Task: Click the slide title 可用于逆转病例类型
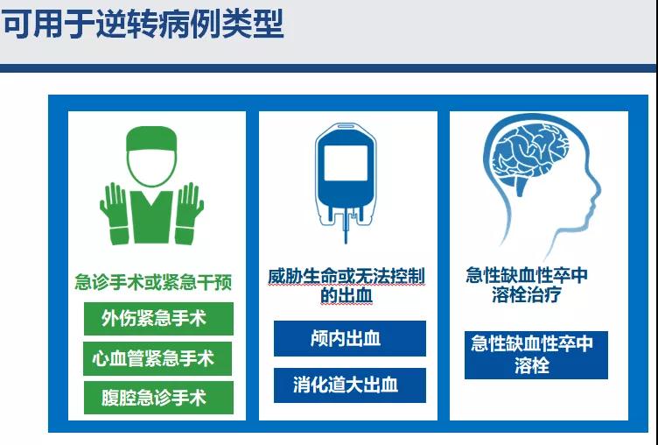pyautogui.click(x=143, y=24)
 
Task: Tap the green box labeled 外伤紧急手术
pyautogui.click(x=158, y=319)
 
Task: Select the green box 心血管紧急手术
pyautogui.click(x=157, y=358)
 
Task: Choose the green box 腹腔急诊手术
pyautogui.click(x=158, y=398)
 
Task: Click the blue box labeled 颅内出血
pyautogui.click(x=350, y=338)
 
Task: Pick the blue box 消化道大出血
pyautogui.click(x=350, y=385)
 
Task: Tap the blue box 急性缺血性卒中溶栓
pyautogui.click(x=535, y=355)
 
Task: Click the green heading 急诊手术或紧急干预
pyautogui.click(x=153, y=282)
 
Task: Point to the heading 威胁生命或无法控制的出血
pyautogui.click(x=346, y=286)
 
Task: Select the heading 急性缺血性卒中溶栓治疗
pyautogui.click(x=527, y=285)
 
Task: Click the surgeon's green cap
pyautogui.click(x=151, y=139)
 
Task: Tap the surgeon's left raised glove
pyautogui.click(x=114, y=214)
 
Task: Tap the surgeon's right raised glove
pyautogui.click(x=189, y=214)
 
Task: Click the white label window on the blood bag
pyautogui.click(x=346, y=163)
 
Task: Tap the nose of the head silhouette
pyautogui.click(x=596, y=191)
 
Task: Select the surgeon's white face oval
pyautogui.click(x=151, y=166)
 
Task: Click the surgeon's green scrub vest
pyautogui.click(x=151, y=217)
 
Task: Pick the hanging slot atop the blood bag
pyautogui.click(x=346, y=125)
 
